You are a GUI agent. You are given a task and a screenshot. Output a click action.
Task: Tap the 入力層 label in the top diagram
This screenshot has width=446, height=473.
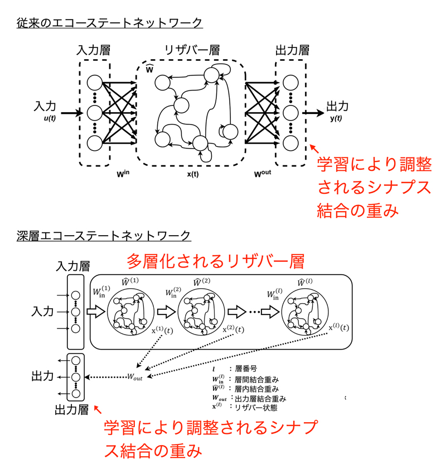click(94, 50)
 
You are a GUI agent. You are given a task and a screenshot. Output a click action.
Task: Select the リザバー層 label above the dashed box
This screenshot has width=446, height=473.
click(192, 50)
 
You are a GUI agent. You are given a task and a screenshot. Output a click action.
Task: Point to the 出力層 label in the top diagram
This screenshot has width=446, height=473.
click(290, 50)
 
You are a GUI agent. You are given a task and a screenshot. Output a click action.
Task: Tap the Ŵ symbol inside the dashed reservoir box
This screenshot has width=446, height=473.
click(149, 69)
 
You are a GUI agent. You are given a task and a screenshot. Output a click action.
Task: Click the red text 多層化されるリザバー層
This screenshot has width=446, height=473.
click(216, 261)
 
